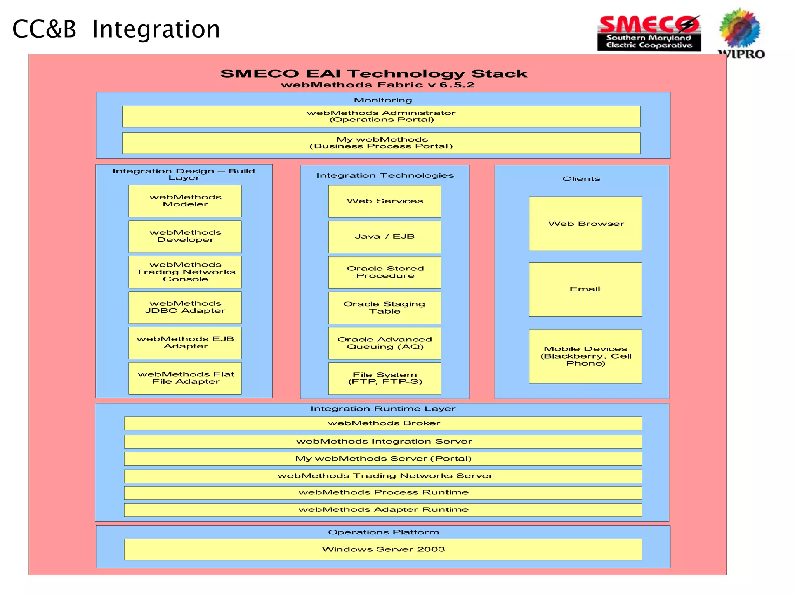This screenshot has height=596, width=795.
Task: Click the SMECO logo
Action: point(649,33)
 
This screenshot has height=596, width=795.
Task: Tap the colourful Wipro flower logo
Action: point(740,29)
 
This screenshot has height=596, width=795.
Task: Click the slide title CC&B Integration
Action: point(116,29)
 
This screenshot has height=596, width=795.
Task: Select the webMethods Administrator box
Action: point(381,116)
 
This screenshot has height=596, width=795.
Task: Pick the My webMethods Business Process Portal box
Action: point(381,143)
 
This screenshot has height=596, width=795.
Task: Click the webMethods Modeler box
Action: point(185,201)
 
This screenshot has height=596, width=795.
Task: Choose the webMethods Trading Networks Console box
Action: point(185,272)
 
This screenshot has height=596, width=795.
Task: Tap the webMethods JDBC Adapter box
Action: point(185,307)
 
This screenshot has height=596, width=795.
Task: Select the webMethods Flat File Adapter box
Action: point(185,378)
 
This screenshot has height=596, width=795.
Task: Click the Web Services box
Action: point(385,201)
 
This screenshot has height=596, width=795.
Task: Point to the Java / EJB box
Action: point(385,237)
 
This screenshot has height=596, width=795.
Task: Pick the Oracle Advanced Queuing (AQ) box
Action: point(385,343)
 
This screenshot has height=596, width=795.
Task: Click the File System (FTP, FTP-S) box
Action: point(385,378)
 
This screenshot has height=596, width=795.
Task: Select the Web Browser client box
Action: point(585,224)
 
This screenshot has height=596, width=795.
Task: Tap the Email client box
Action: point(585,289)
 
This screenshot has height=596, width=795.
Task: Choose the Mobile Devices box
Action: point(585,356)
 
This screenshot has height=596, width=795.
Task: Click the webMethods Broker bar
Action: point(383,423)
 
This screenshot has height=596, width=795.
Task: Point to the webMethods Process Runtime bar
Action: point(383,493)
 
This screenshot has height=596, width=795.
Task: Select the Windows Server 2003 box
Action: point(383,549)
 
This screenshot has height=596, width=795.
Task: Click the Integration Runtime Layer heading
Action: point(383,409)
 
